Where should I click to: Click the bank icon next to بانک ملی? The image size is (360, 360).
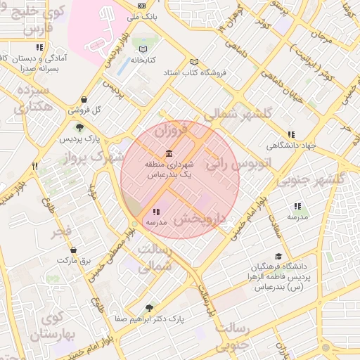pos(143,5)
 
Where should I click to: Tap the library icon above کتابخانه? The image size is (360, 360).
pos(143,49)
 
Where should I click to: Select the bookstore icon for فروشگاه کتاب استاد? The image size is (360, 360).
pos(195,62)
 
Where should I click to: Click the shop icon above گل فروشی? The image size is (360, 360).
pos(84,100)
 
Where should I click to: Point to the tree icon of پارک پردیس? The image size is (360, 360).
pos(79,128)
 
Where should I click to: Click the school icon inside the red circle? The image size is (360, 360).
pos(155,212)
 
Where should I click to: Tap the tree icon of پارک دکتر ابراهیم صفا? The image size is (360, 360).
pos(148,308)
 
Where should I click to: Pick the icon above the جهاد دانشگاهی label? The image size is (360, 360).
pos(291,135)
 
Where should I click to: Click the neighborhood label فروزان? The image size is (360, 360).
pos(172,130)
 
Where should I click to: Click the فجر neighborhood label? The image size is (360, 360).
pos(62,231)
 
